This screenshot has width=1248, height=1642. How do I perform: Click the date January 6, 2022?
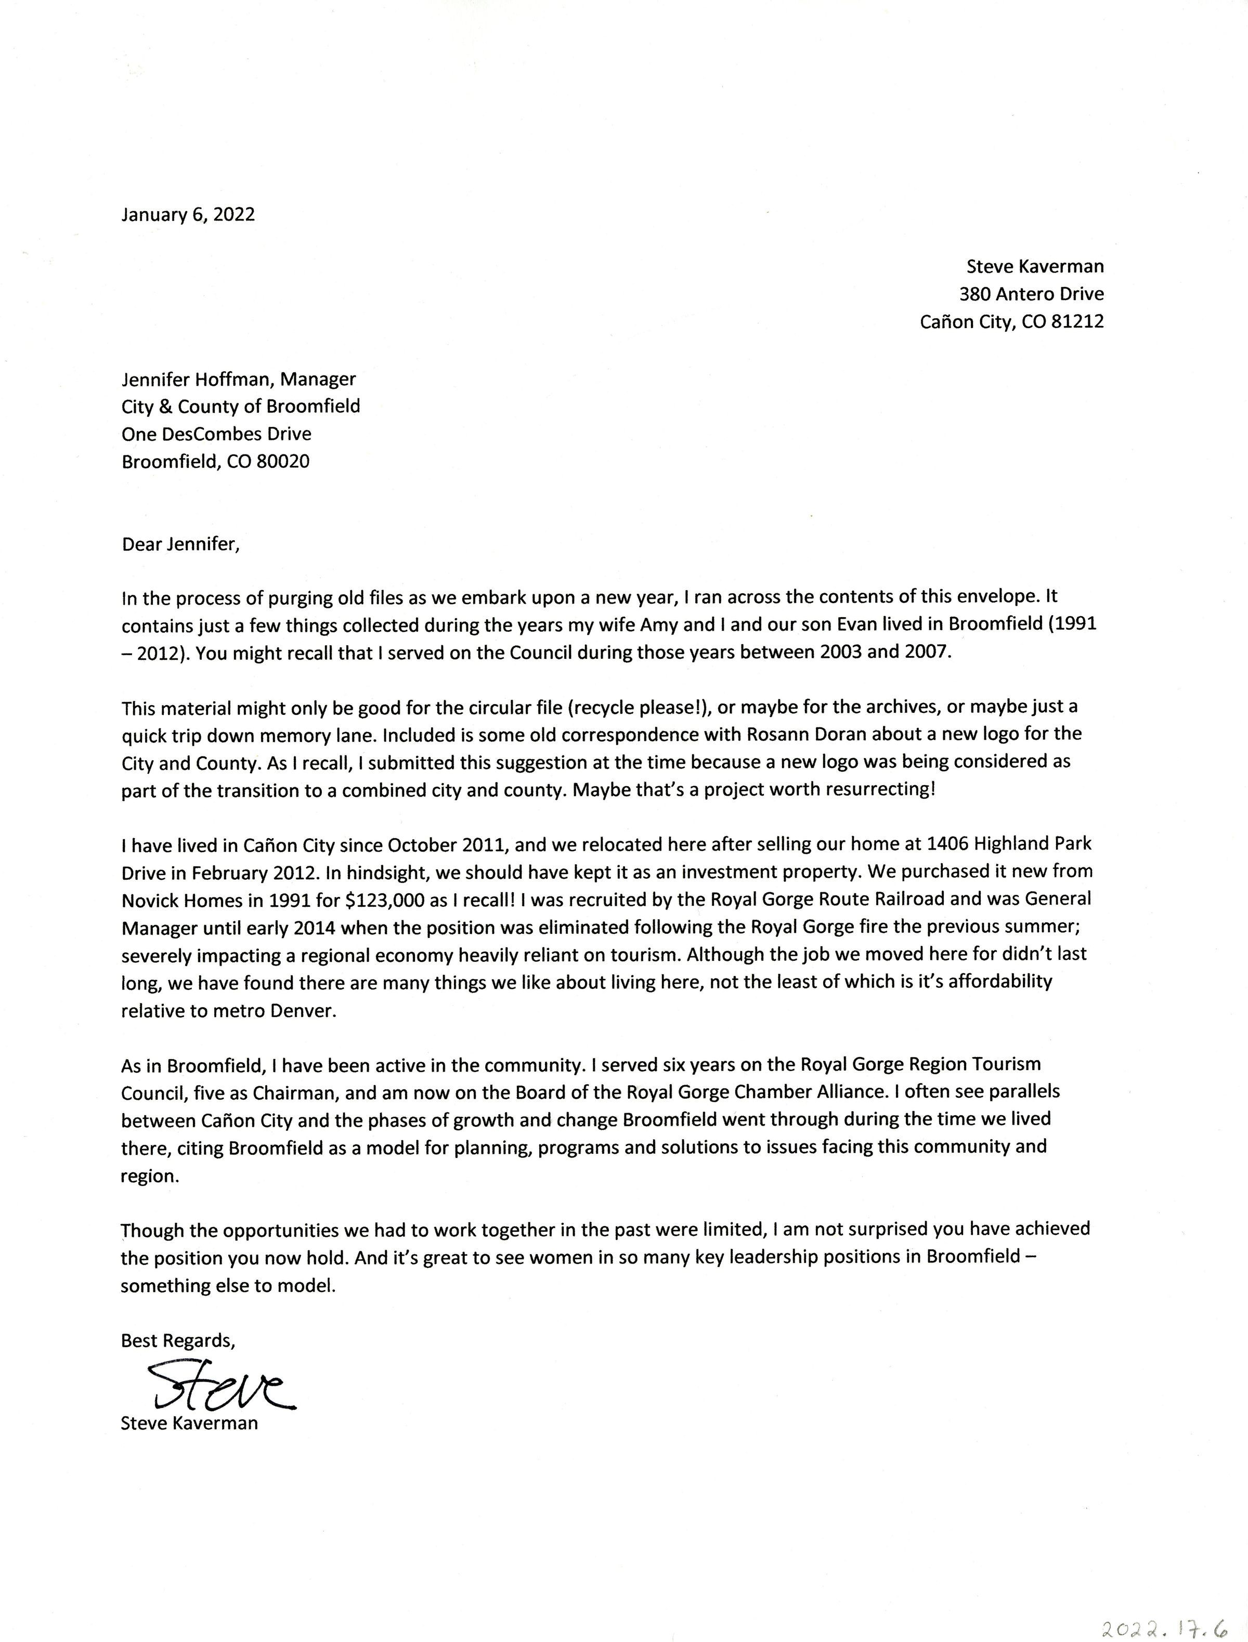click(188, 215)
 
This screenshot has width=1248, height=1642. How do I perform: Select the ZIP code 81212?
click(1077, 321)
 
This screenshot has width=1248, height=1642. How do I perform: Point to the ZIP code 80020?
click(282, 462)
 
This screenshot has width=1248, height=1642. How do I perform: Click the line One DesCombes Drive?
click(216, 434)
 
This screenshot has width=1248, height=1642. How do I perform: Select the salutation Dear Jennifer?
click(180, 544)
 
